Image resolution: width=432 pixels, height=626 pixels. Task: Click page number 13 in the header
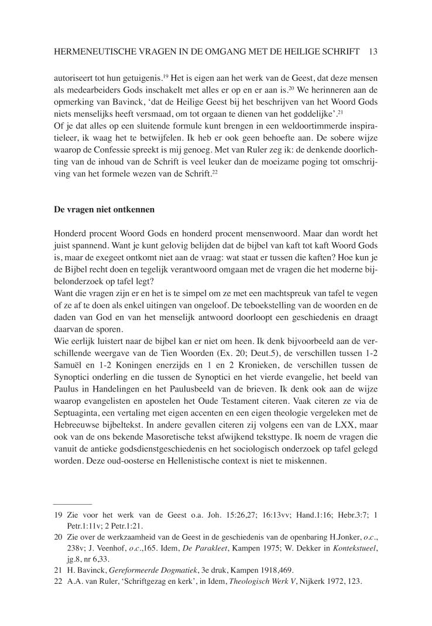[x=373, y=52]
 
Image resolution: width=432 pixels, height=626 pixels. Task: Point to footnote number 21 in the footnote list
[x=57, y=569]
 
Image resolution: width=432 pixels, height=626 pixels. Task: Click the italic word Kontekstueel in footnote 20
[x=352, y=548]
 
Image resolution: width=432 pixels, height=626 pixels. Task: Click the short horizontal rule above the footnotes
[x=72, y=503]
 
